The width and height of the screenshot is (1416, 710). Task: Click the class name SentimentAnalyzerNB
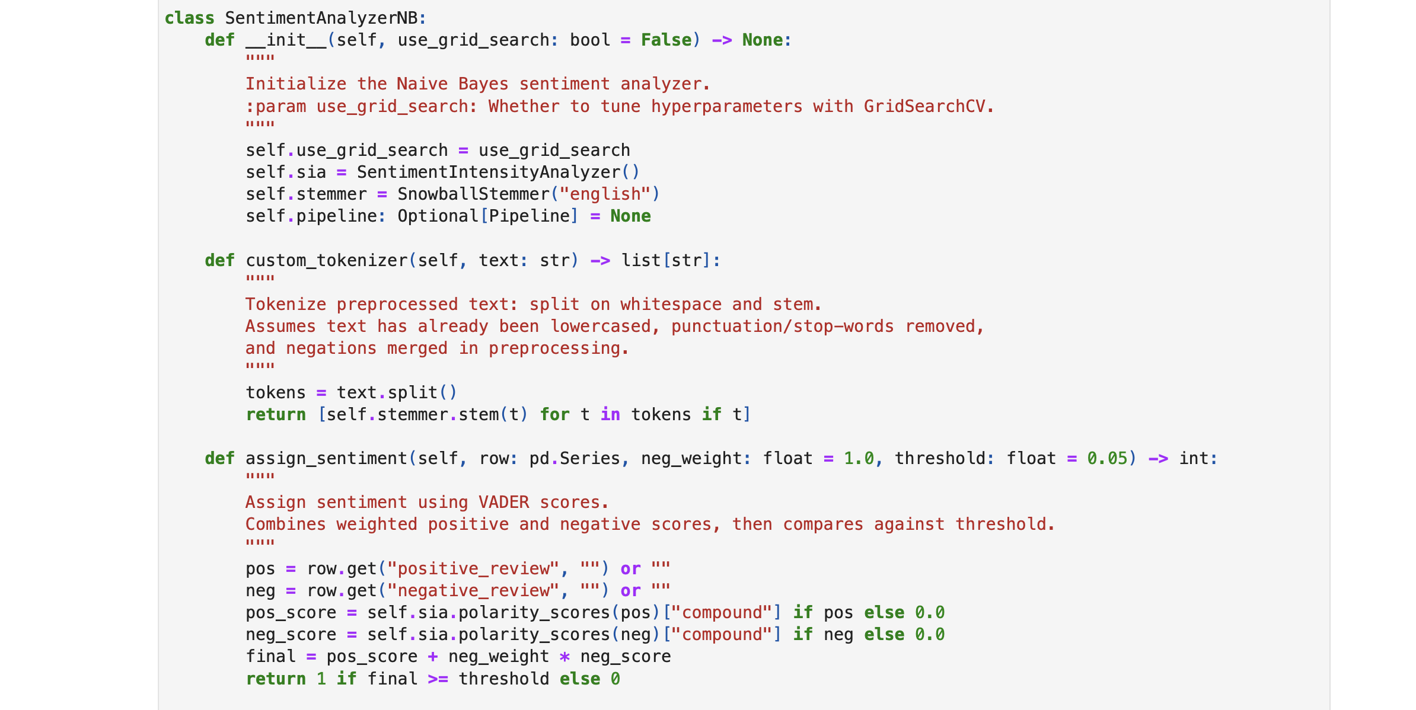coord(321,18)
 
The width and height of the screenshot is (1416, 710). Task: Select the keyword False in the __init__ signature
coord(666,40)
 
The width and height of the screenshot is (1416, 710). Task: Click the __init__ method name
coord(286,40)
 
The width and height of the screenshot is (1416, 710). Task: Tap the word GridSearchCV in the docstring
coord(924,106)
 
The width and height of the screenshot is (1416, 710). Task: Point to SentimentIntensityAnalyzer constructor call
coord(489,172)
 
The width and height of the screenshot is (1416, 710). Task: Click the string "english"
coord(605,194)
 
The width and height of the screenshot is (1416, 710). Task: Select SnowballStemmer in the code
coord(473,194)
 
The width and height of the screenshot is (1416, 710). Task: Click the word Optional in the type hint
coord(438,216)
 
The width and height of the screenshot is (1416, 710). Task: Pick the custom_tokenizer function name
coord(326,260)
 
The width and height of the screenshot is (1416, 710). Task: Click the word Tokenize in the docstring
coord(286,304)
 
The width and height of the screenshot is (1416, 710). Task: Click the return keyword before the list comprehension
coord(276,414)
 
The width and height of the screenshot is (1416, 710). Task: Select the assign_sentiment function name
coord(326,458)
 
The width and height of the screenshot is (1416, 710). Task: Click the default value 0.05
coord(1106,458)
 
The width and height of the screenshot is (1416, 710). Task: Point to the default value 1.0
coord(859,458)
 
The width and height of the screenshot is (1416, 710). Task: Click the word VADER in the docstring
coord(503,502)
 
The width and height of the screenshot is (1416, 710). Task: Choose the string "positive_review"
coord(473,568)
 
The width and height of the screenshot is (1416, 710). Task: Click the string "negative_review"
coord(473,590)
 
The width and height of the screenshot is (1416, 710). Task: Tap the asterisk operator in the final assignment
coord(565,657)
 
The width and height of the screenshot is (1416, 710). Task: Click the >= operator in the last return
coord(438,679)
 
